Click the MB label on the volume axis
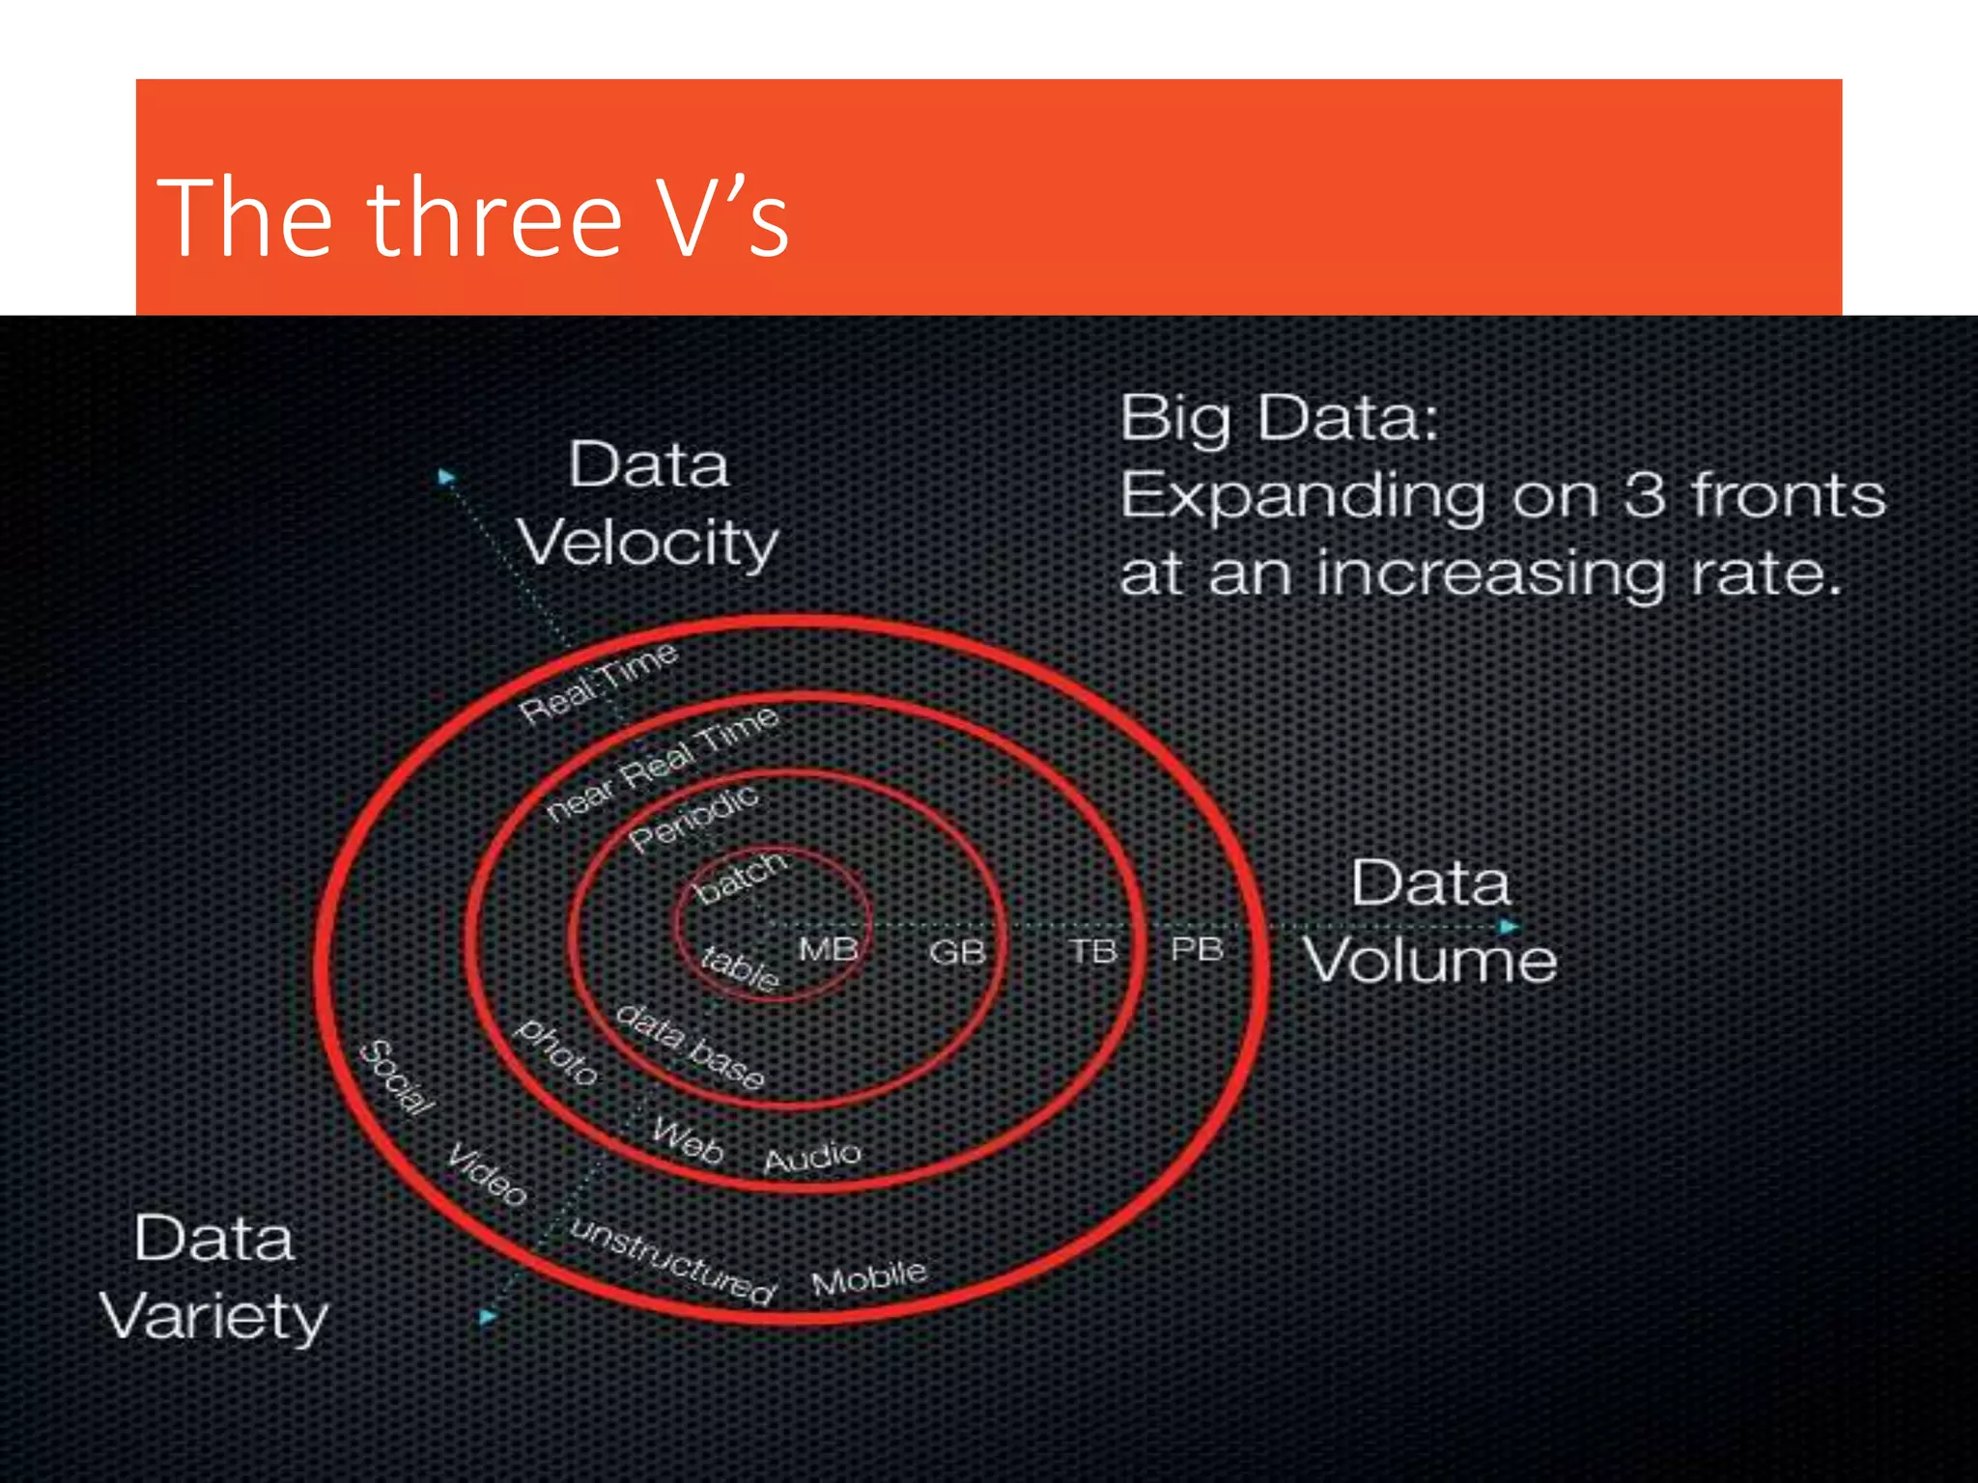coord(829,950)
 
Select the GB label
coord(957,953)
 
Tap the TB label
coord(1093,952)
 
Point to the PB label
coord(1197,950)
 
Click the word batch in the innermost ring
coord(741,877)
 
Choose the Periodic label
coord(693,818)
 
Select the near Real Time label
coord(662,764)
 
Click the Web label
coord(687,1141)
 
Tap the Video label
coord(487,1174)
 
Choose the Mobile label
coord(869,1277)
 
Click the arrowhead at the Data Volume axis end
coord(1509,927)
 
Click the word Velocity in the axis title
coord(647,543)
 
